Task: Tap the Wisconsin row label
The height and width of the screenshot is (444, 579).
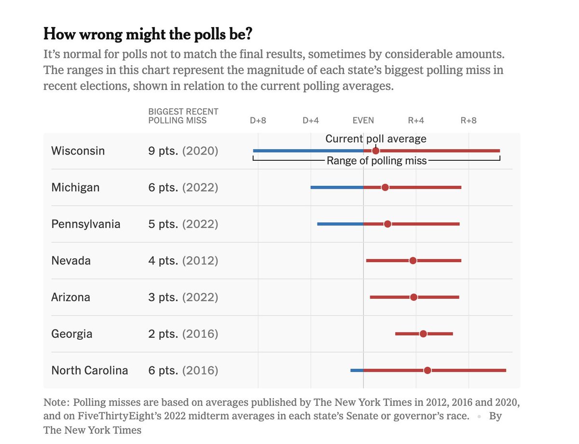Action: [x=78, y=151]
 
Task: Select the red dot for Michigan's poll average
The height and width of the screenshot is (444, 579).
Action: [x=385, y=187]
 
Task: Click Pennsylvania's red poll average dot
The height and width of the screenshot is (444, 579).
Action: [x=387, y=224]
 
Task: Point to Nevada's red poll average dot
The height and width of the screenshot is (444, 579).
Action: [x=413, y=261]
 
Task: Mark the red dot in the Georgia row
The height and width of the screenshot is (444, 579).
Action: [x=423, y=334]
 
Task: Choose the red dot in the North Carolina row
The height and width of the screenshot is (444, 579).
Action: [x=427, y=370]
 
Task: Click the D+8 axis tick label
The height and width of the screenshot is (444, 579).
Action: [x=258, y=120]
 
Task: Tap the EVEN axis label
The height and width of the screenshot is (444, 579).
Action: [x=363, y=120]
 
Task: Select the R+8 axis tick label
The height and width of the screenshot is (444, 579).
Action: [x=468, y=120]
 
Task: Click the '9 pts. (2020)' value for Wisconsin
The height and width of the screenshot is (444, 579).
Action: [x=183, y=151]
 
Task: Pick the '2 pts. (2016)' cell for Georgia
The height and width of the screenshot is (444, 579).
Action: [x=183, y=334]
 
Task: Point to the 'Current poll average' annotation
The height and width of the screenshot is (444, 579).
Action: [x=376, y=139]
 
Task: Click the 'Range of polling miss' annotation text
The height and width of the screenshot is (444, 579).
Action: [x=376, y=161]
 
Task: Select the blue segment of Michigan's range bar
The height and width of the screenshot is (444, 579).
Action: [x=337, y=187]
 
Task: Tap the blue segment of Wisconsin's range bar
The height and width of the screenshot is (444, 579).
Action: [x=308, y=151]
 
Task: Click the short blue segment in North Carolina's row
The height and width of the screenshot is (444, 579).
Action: [x=357, y=370]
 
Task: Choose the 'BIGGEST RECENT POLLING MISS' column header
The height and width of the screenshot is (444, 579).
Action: [x=183, y=116]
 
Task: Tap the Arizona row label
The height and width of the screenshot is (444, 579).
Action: [x=70, y=297]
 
